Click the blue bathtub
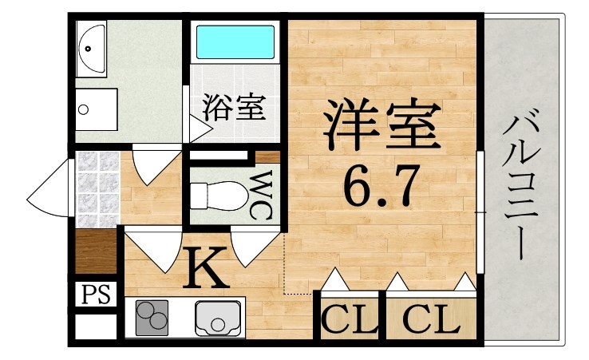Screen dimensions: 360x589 (235, 40)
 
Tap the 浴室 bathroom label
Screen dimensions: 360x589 (233, 107)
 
